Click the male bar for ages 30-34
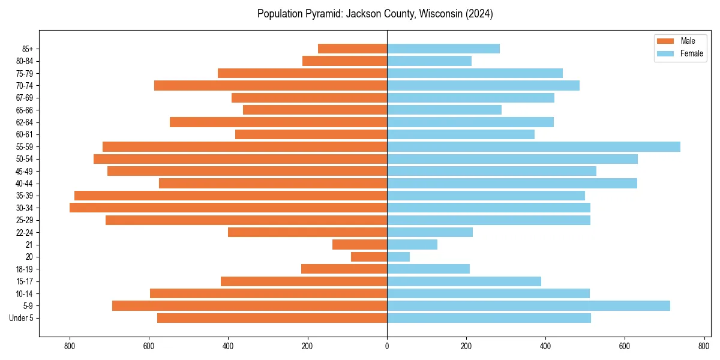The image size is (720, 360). pos(228,208)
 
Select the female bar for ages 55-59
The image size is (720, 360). pos(533,146)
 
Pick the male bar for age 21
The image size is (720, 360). pos(359,244)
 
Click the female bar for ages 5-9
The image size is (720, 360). pos(528,305)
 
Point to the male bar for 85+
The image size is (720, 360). pos(352,49)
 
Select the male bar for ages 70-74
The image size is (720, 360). pos(271,85)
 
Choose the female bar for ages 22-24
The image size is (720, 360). pos(430,232)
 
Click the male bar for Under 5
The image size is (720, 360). pos(272,318)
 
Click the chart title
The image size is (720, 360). pos(375,14)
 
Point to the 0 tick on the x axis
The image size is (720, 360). pos(387,346)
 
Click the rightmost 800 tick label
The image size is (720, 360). pos(704,346)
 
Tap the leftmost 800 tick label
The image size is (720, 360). pos(70,346)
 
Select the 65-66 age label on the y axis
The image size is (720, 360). pos(25,110)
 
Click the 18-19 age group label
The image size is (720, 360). pos(25,269)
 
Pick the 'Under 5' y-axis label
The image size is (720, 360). pos(22,318)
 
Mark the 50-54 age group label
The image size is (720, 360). pos(25,159)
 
